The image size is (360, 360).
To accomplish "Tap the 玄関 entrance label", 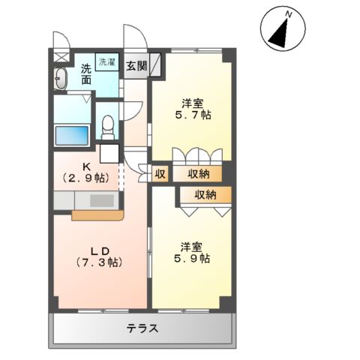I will tap(136, 65).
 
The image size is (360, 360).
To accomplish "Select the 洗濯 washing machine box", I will tap(107, 63).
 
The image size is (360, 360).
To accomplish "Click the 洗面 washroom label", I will tap(86, 73).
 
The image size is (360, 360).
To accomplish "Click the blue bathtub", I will tap(73, 136).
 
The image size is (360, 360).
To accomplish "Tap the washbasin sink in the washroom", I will tap(61, 77).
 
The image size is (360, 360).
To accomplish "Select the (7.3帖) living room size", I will tap(100, 263).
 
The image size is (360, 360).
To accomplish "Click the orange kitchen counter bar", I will tap(97, 216).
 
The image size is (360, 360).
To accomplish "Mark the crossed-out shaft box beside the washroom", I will tap(60, 57).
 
